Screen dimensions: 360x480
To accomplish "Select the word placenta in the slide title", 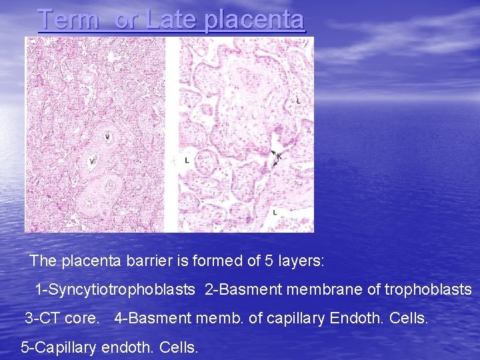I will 255,20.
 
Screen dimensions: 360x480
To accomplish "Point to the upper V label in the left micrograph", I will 107,136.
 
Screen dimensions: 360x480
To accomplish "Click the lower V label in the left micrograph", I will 92,161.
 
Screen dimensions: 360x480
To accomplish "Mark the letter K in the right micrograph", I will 279,156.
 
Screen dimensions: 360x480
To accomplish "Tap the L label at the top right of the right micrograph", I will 297,100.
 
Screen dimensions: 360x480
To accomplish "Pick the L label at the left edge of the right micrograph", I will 187,161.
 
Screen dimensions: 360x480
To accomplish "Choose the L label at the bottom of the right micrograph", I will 274,212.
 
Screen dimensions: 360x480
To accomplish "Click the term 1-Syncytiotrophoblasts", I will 115,290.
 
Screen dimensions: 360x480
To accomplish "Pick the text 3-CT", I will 42,319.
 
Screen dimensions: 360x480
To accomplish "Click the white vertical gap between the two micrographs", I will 171,133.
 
